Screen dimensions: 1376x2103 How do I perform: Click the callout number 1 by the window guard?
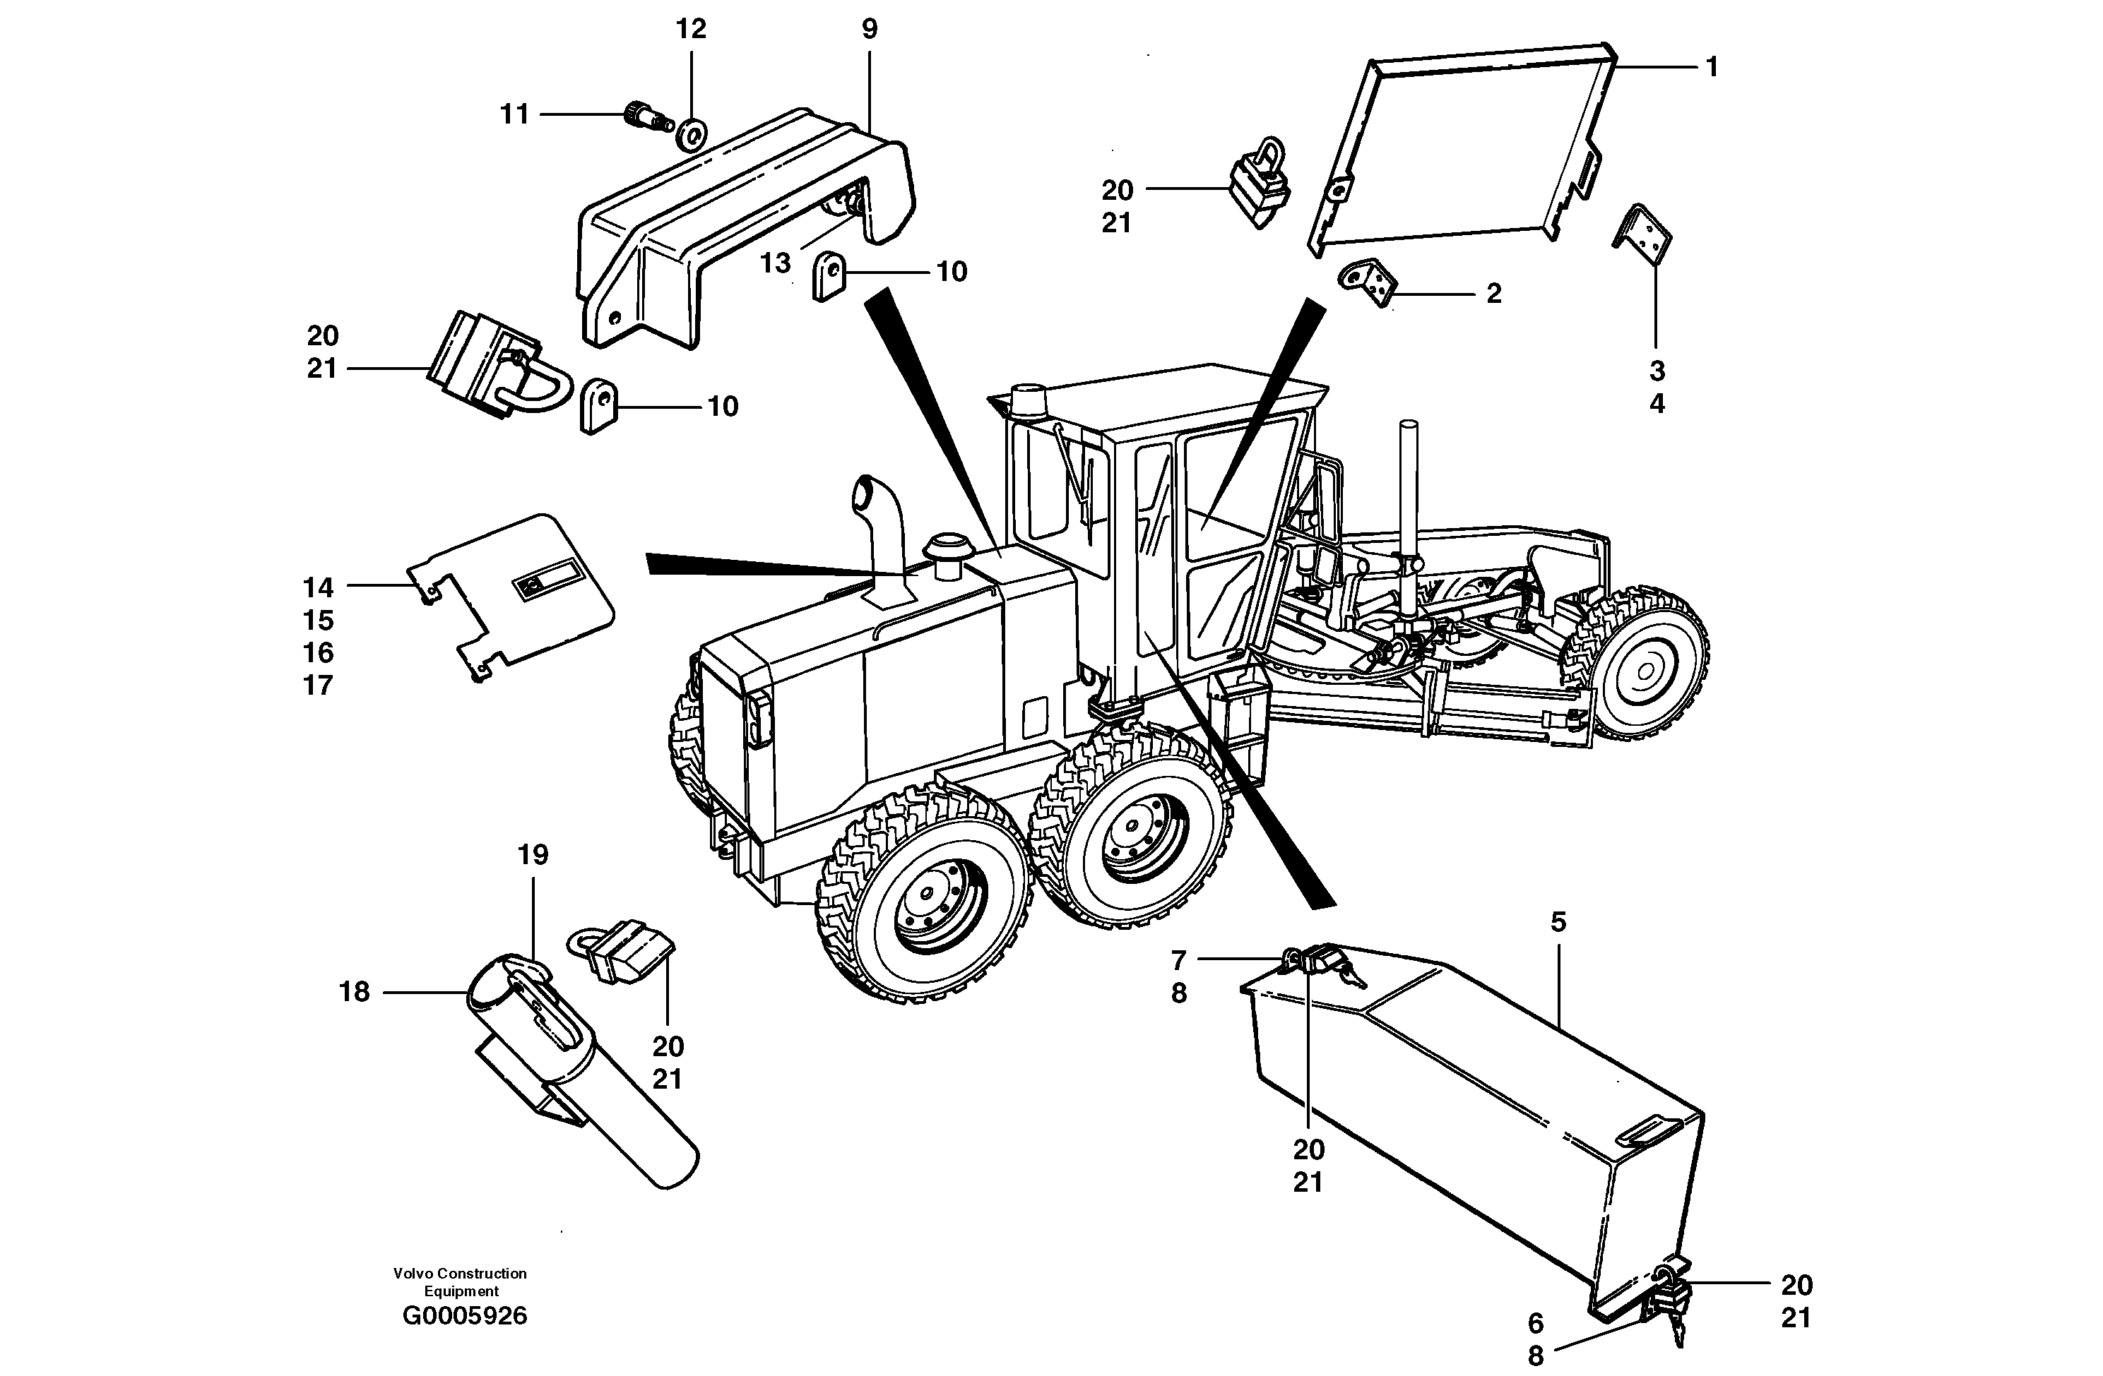pos(1712,66)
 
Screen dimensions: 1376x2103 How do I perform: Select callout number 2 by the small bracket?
pos(1493,293)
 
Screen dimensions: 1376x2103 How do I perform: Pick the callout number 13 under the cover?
pos(775,263)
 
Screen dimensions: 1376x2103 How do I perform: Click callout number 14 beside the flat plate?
pos(318,587)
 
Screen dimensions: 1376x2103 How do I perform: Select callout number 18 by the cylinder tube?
pos(355,992)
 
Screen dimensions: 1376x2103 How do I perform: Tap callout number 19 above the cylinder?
pos(533,854)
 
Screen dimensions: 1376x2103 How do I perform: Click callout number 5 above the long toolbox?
pos(1558,922)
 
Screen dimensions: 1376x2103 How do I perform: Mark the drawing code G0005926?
pos(464,1316)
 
